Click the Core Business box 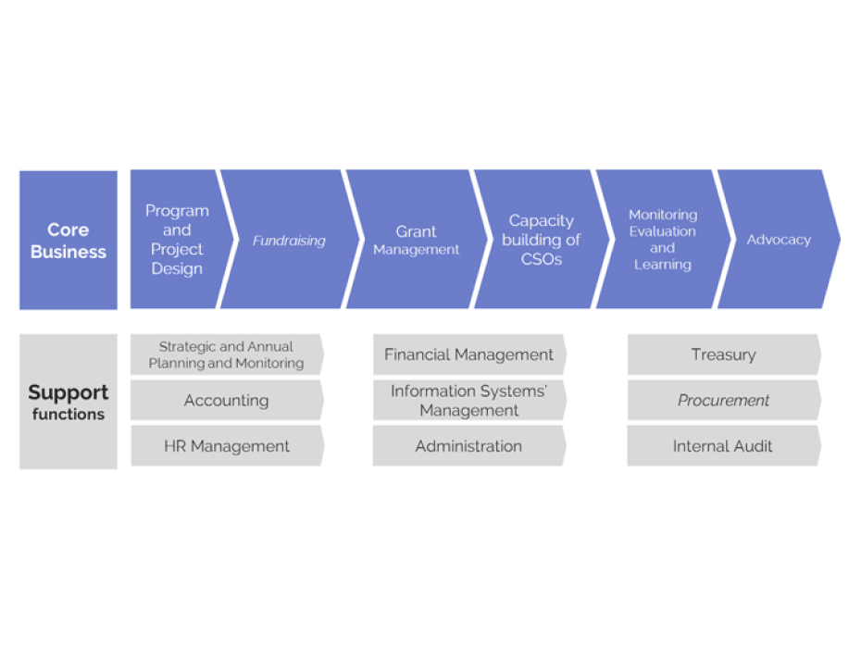click(68, 240)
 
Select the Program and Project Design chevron click(176, 240)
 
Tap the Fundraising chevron click(289, 241)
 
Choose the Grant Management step click(416, 241)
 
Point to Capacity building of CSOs click(542, 240)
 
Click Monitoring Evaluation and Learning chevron click(662, 240)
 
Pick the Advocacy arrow click(779, 240)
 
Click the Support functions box click(68, 402)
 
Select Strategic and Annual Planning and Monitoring click(226, 355)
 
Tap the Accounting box click(226, 401)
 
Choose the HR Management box click(226, 446)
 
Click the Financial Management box click(468, 354)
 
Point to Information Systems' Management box click(468, 401)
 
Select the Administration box click(468, 446)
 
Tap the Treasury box click(723, 354)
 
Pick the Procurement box click(723, 401)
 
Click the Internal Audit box click(723, 446)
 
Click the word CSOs click(542, 260)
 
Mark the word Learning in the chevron click(662, 265)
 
